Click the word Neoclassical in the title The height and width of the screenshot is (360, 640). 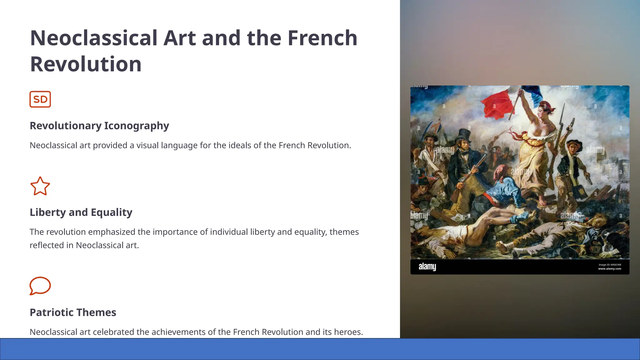coord(93,38)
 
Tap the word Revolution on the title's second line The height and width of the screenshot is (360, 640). coord(86,64)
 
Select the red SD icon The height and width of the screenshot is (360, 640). coord(40,99)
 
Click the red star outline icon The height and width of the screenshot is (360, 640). coord(40,186)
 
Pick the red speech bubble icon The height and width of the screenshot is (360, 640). coord(40,286)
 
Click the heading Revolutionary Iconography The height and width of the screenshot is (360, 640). coord(99,126)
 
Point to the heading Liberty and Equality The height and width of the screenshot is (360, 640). coord(81,212)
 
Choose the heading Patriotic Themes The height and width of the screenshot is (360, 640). coord(73,312)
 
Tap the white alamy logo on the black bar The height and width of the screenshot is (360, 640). coord(427,267)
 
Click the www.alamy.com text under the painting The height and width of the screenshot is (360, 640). coord(609,269)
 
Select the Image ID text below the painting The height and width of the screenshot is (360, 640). coord(609,265)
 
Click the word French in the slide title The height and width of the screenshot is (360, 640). coord(322,38)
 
